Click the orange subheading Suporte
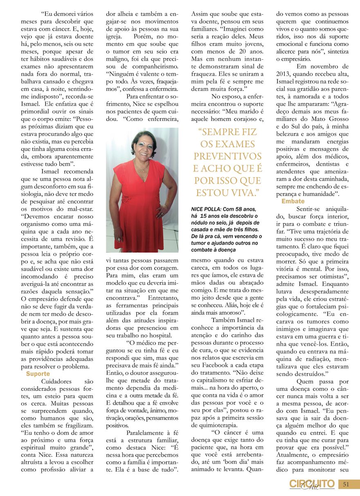38,374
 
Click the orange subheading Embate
293,201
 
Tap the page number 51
346,484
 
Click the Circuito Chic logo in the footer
312,484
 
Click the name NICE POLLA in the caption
207,209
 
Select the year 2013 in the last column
285,74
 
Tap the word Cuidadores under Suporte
57,381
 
